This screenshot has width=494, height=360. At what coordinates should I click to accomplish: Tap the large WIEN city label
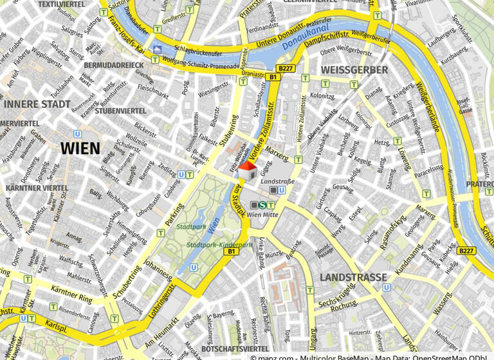80,148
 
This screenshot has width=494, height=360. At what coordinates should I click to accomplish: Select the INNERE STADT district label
37,104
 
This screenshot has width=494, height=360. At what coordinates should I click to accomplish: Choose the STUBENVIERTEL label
120,111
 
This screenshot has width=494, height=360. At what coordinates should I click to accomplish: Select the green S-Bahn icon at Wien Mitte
262,205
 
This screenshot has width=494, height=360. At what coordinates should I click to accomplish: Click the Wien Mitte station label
262,215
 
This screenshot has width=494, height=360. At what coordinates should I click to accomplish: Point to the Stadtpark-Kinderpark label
219,245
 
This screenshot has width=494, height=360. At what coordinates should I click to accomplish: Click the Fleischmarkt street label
153,91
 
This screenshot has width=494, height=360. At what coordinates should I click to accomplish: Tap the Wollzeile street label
136,139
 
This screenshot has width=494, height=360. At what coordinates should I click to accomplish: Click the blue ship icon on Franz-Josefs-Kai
158,49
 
